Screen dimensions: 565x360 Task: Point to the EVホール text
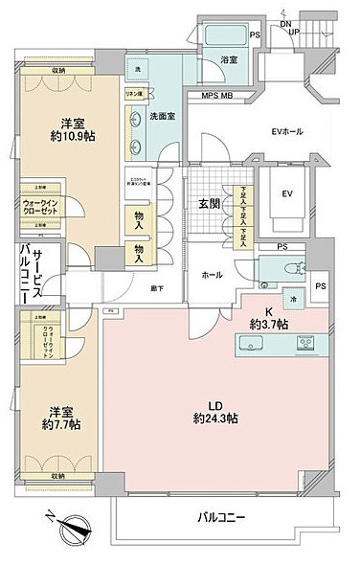point(287,131)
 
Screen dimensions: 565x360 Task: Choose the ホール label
point(212,275)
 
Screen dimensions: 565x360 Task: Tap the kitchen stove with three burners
point(308,344)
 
